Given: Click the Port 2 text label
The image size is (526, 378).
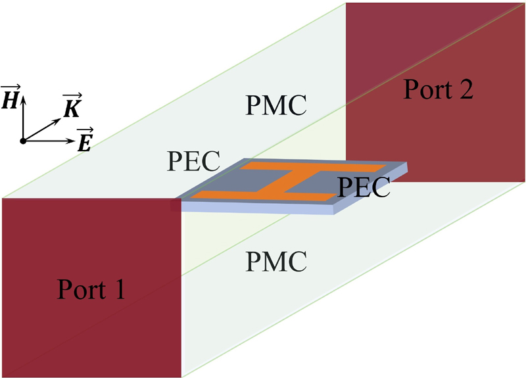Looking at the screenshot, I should coord(439,89).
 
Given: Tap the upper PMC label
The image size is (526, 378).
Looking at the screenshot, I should coord(275,105).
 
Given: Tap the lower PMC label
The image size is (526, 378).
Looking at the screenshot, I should coord(276,262).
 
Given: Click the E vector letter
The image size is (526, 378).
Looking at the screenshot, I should coord(84,142).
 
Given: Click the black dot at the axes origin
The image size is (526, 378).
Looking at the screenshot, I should coord(24,141).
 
